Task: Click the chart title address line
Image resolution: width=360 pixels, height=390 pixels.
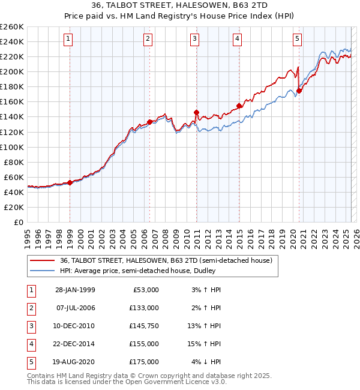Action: pos(179,6)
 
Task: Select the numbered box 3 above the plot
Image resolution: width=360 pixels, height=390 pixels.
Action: pos(195,39)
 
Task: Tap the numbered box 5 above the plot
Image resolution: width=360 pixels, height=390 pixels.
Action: pos(298,39)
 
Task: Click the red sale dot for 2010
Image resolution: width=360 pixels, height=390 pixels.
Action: pos(196,112)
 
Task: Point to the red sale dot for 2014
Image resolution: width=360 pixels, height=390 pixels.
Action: pos(239,106)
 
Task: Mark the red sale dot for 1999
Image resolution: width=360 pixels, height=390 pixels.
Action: pos(70,182)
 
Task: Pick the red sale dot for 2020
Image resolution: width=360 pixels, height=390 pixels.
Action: pos(299,91)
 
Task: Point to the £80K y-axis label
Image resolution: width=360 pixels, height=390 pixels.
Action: pos(14,162)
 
